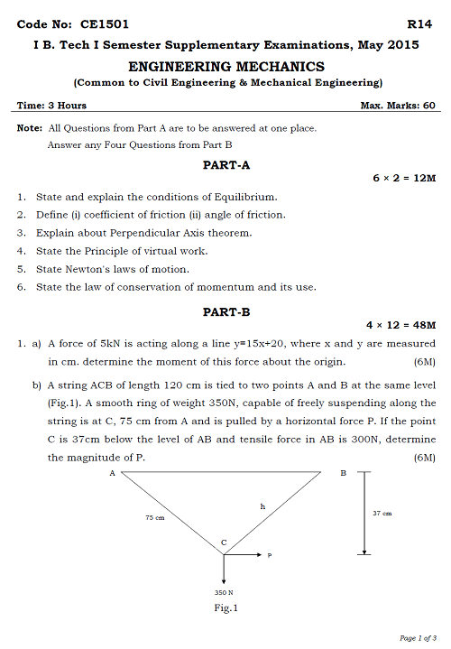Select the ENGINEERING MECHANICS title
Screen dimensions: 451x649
pyautogui.click(x=226, y=67)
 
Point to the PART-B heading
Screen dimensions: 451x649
pyautogui.click(x=226, y=311)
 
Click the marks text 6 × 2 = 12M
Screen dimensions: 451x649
pyautogui.click(x=404, y=179)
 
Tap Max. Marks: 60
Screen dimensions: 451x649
pyautogui.click(x=398, y=107)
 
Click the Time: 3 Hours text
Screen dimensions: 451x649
pyautogui.click(x=51, y=107)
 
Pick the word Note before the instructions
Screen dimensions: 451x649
pyautogui.click(x=29, y=128)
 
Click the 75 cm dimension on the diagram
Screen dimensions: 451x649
pyautogui.click(x=155, y=518)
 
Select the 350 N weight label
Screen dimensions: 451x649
pyautogui.click(x=225, y=591)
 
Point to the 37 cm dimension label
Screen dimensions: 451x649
pyautogui.click(x=382, y=513)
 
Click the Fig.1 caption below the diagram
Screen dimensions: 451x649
pyautogui.click(x=225, y=607)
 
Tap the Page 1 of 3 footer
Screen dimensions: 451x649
pyautogui.click(x=418, y=638)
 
